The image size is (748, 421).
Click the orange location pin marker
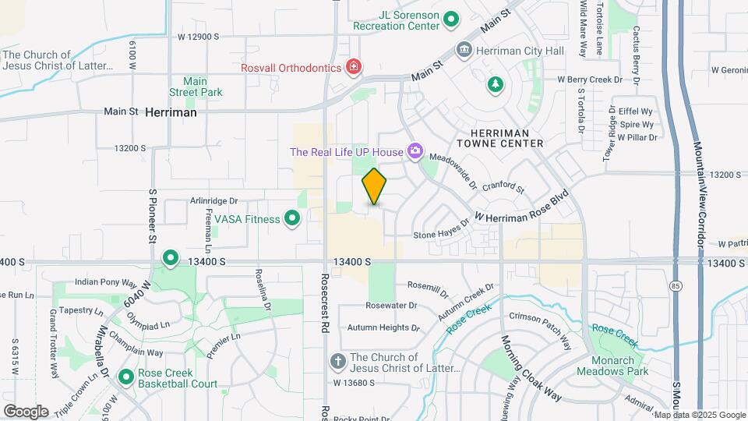pos(374,187)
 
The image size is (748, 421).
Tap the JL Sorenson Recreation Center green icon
pos(450,19)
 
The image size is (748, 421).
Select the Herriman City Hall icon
pos(464,51)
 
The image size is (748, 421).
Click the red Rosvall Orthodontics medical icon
pos(354,67)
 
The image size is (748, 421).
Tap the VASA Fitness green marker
pos(292,218)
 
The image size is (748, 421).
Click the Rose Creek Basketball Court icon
pos(126,377)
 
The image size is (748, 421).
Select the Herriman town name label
pos(171,112)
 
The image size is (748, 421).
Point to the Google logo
pos(26,412)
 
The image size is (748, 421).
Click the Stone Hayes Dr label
pos(441,228)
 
